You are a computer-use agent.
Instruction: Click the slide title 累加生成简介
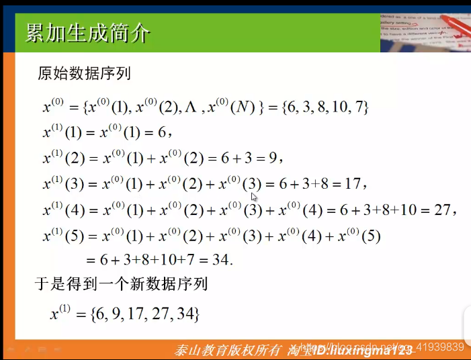point(87,32)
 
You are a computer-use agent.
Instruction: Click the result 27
point(441,210)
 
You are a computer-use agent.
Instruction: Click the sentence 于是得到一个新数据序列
point(121,284)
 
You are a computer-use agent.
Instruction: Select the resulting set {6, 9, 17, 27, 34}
point(145,313)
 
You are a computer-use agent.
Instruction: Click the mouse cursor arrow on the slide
point(254,197)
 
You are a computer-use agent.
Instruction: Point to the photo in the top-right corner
point(425,30)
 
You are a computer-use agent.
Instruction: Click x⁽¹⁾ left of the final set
point(64,313)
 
